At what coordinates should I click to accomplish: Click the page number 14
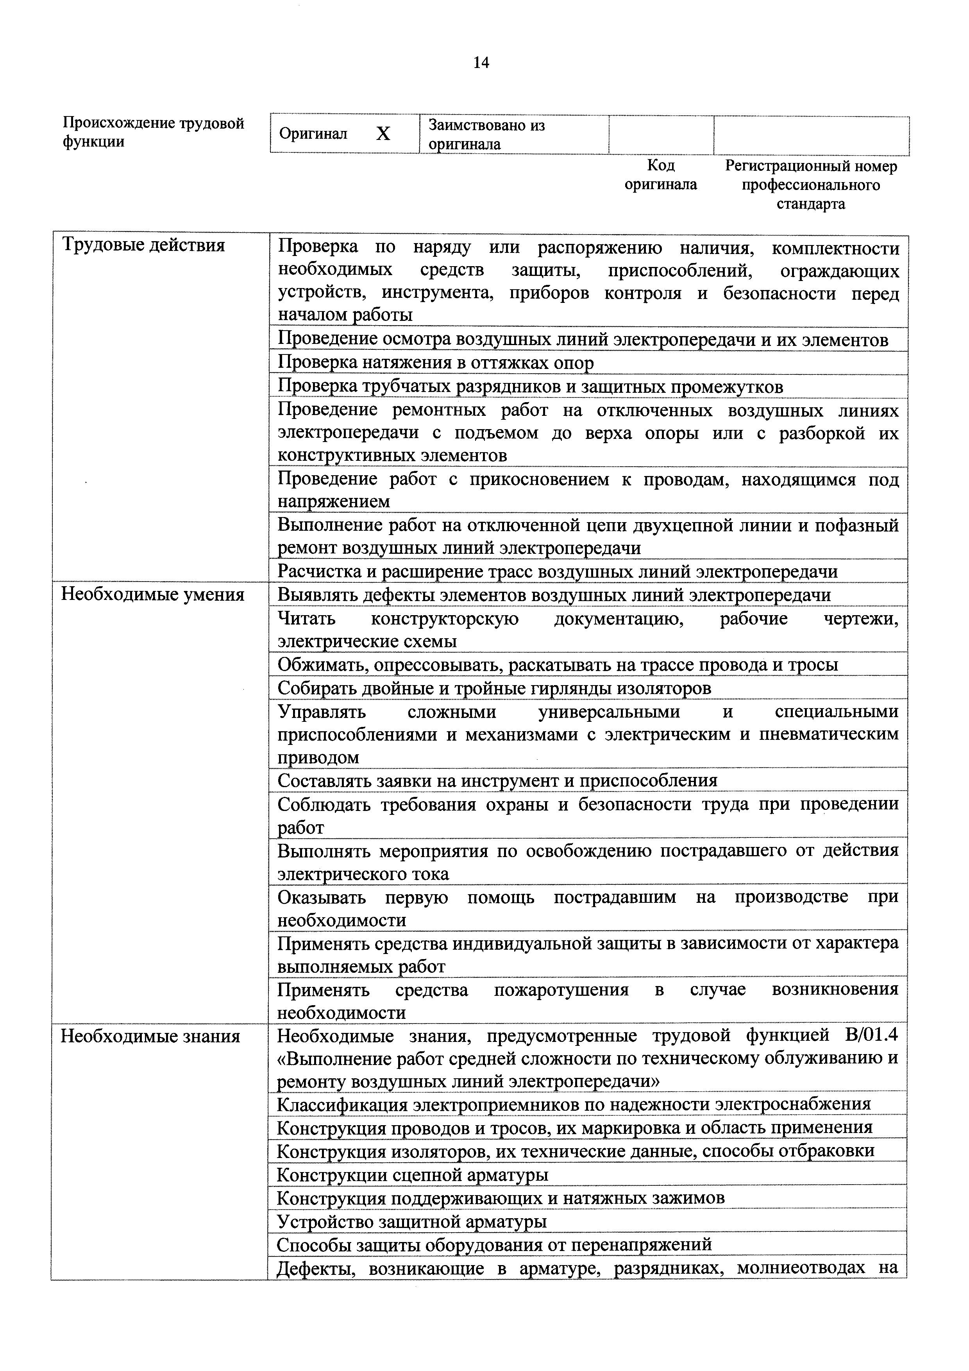tap(481, 63)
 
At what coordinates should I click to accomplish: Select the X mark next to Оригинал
tap(383, 134)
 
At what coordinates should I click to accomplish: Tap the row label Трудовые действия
tap(143, 245)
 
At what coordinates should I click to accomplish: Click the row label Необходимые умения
tap(153, 595)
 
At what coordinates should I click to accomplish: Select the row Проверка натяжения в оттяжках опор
tap(436, 363)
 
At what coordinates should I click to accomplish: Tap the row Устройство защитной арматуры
tap(412, 1221)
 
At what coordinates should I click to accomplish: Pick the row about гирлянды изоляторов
tap(494, 689)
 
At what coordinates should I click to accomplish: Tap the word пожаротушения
tap(561, 990)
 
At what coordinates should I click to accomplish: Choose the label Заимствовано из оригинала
tap(486, 134)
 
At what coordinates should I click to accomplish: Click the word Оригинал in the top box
tap(313, 134)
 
